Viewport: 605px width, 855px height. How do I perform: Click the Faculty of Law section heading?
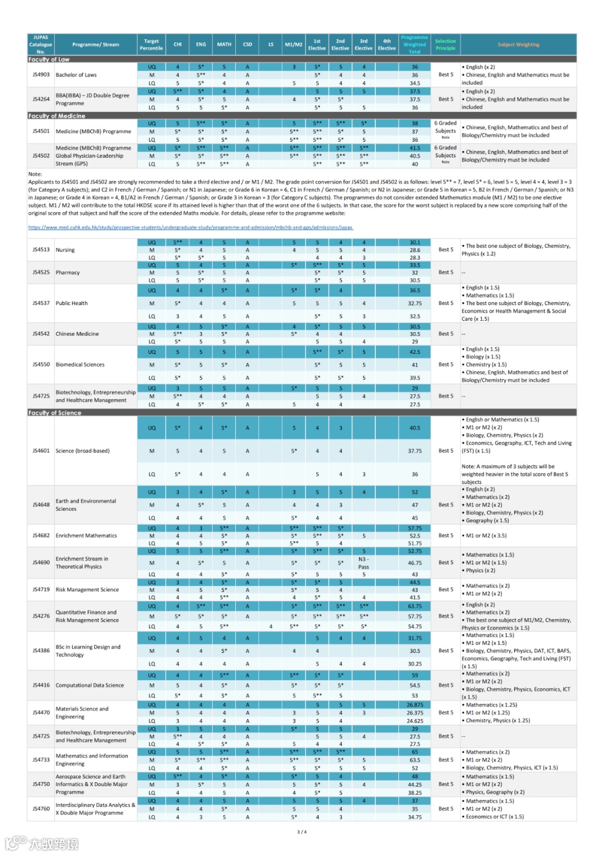tap(49, 59)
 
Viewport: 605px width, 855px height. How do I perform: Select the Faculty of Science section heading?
tap(54, 413)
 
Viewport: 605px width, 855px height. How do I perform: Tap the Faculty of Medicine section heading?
tap(57, 116)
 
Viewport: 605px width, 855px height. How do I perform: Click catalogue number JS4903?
tap(41, 74)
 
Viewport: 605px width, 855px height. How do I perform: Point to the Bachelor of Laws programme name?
tap(76, 74)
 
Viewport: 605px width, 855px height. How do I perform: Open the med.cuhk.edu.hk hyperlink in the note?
tap(190, 227)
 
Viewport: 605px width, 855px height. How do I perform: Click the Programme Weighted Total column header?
tap(415, 44)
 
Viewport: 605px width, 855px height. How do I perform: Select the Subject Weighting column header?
tap(518, 44)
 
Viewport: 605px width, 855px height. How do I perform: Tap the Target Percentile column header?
tap(151, 44)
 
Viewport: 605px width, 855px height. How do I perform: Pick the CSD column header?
tap(247, 44)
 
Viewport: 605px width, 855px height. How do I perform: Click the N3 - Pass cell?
tap(364, 563)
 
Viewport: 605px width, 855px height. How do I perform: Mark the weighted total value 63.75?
tap(415, 606)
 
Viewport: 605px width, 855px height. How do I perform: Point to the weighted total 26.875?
tap(415, 705)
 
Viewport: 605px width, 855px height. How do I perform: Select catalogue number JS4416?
tap(41, 685)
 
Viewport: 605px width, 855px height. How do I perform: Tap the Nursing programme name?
tap(65, 250)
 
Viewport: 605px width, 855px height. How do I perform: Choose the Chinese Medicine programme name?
tap(77, 334)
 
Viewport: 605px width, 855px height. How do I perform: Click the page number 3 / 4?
tap(302, 832)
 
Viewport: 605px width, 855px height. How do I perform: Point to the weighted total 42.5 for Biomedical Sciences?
tap(415, 352)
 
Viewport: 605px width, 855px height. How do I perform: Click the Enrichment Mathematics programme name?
tap(86, 535)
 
